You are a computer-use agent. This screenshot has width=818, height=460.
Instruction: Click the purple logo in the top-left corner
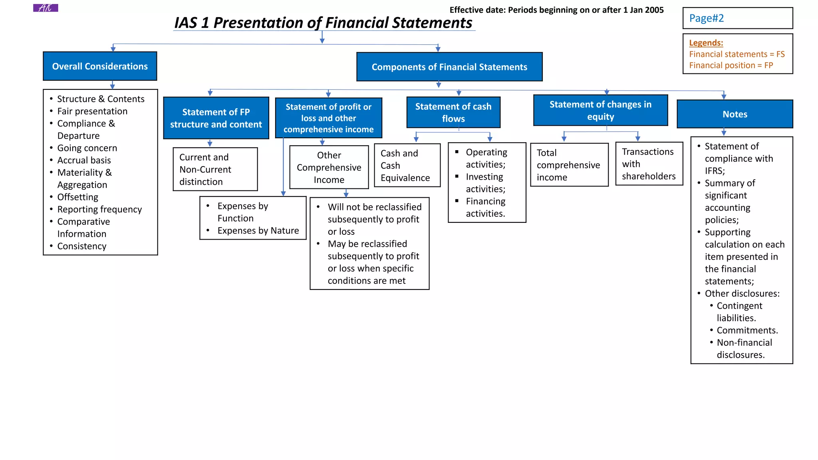click(x=46, y=8)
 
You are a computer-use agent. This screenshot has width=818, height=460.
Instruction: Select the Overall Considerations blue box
click(x=100, y=66)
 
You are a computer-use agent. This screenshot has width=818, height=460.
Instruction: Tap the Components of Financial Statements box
click(x=449, y=67)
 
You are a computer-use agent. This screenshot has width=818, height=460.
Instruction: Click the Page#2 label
click(x=706, y=18)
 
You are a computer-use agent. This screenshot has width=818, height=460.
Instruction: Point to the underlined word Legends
click(x=706, y=43)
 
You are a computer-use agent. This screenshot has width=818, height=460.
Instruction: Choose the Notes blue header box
click(x=735, y=114)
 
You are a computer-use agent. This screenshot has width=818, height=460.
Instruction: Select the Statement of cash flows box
click(x=453, y=113)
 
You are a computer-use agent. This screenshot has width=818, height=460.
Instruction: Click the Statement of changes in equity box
click(x=600, y=111)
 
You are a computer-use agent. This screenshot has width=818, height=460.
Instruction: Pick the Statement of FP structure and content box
click(x=216, y=118)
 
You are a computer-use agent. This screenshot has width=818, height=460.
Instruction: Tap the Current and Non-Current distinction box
click(x=215, y=169)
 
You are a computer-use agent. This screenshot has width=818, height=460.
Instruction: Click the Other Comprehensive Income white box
click(x=329, y=167)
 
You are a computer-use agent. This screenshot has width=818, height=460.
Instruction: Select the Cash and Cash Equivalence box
click(x=407, y=165)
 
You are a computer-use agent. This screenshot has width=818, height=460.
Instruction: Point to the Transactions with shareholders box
click(x=649, y=164)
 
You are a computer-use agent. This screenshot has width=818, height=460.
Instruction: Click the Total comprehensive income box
click(x=569, y=165)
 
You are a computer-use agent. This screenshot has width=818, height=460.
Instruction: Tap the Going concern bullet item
click(x=87, y=148)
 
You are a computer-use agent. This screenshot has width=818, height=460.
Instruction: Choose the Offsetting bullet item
click(x=77, y=197)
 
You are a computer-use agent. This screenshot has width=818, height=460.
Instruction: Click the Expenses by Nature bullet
click(x=258, y=231)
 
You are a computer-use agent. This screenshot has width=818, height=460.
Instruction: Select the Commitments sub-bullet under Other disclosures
click(x=747, y=331)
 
